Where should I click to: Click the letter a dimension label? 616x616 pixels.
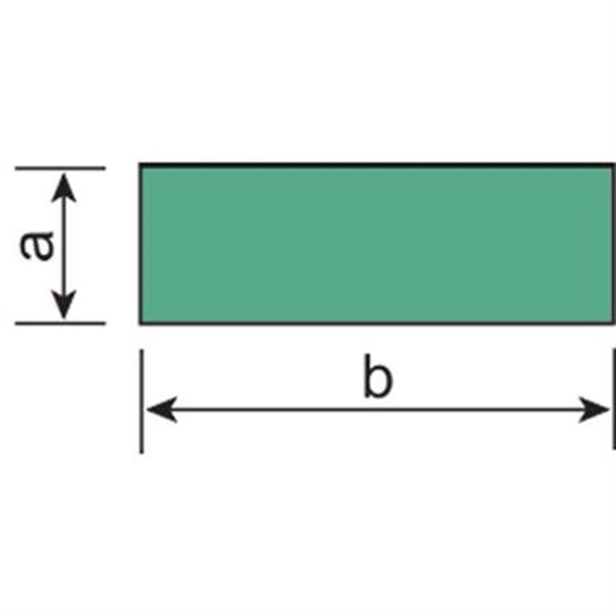tap(37, 247)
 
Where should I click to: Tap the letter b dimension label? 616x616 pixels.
tap(377, 376)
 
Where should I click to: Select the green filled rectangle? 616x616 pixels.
tap(377, 244)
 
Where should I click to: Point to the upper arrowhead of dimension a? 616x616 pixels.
tap(64, 188)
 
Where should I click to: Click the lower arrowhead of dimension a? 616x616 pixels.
tap(64, 305)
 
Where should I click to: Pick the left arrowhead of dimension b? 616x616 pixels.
tap(162, 410)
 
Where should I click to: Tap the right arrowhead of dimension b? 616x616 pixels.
tap(594, 410)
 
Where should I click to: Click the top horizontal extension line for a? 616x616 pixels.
tap(60, 168)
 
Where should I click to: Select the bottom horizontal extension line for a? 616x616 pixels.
tap(60, 324)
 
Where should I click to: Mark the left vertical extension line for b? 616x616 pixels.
tap(141, 401)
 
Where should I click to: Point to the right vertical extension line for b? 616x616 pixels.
tap(614, 398)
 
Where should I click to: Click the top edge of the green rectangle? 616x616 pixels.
tap(377, 165)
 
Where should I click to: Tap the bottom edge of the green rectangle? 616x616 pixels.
tap(377, 324)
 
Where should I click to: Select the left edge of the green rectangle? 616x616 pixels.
tap(141, 244)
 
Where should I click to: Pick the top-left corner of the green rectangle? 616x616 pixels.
tap(140, 163)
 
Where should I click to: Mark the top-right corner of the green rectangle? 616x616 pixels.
tap(614, 163)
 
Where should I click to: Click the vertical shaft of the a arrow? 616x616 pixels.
tap(64, 247)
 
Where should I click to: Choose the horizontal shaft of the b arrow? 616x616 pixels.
tap(378, 410)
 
